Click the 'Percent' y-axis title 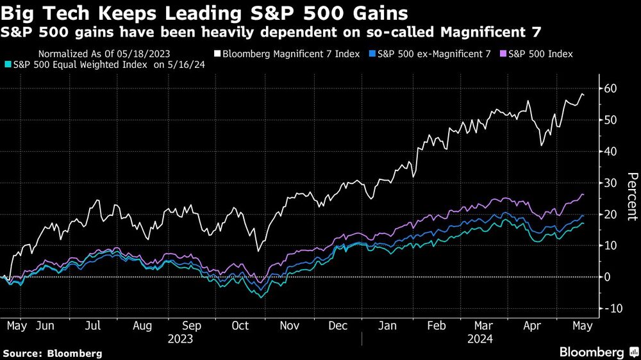[631, 196]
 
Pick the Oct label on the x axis [240, 325]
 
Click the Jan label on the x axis [387, 325]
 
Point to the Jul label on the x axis [94, 325]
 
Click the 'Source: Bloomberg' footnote [53, 353]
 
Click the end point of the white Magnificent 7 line [583, 95]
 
